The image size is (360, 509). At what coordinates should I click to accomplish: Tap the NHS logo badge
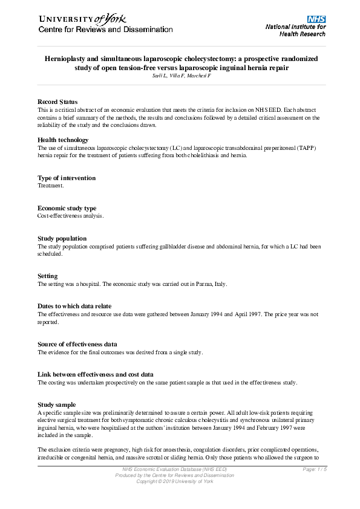316,19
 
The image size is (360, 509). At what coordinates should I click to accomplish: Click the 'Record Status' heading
57,102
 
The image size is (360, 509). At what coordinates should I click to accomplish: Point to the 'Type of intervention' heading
67,178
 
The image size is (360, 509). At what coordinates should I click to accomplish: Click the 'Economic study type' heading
67,208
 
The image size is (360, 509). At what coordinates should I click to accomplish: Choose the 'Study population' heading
62,239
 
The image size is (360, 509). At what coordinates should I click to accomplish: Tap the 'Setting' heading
48,276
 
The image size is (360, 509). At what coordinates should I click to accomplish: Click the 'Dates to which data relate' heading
74,306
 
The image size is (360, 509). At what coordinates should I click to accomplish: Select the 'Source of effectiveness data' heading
77,344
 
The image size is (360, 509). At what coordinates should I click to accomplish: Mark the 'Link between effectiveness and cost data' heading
96,374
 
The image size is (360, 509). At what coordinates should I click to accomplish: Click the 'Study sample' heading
57,404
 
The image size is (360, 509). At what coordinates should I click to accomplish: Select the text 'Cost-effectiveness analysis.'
70,215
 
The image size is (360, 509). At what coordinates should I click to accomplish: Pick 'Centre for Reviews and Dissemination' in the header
106,29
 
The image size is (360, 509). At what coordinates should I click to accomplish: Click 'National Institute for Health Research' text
295,30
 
